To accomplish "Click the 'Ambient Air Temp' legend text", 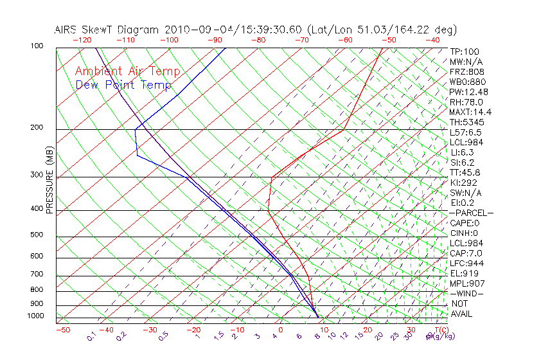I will [127, 71].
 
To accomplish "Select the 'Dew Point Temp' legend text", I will [123, 85].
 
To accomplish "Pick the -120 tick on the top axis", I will [82, 40].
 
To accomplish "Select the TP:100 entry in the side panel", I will [464, 51].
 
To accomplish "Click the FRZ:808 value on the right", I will [467, 71].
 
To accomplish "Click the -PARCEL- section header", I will [471, 213].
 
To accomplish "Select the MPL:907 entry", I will [466, 283].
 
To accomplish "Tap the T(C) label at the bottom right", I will [441, 330].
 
